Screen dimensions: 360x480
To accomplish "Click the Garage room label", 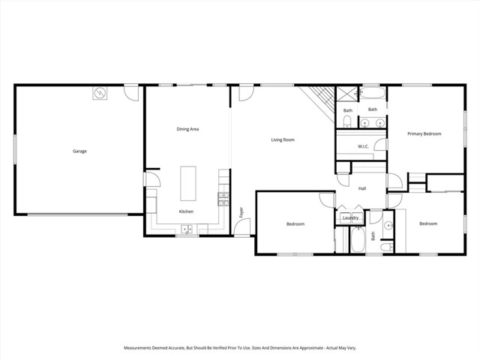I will pyautogui.click(x=79, y=151).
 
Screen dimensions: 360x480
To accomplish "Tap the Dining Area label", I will pyautogui.click(x=187, y=129).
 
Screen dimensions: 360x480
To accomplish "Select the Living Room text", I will pyautogui.click(x=282, y=139).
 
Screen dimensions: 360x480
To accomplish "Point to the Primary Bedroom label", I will pyautogui.click(x=424, y=133).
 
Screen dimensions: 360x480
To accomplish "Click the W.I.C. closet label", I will pyautogui.click(x=362, y=146).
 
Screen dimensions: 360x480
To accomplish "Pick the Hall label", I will pyautogui.click(x=361, y=188).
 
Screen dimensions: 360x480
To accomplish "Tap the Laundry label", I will pyautogui.click(x=350, y=218).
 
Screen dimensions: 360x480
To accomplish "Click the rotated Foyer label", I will pyautogui.click(x=241, y=212).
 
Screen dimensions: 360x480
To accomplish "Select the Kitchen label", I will pyautogui.click(x=186, y=211).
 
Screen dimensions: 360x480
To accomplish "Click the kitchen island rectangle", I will pyautogui.click(x=187, y=184).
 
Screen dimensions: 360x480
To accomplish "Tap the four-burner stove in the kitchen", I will pyautogui.click(x=223, y=199).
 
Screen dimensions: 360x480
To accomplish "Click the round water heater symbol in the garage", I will pyautogui.click(x=100, y=94).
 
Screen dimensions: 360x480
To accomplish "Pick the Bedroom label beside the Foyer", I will pyautogui.click(x=295, y=223).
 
